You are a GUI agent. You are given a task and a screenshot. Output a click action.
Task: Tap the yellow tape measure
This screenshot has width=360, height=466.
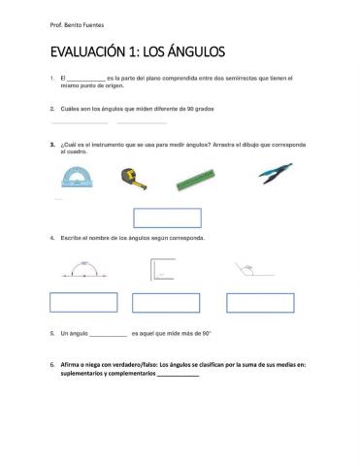131,176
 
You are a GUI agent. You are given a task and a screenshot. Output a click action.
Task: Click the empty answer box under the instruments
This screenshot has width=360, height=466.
167,217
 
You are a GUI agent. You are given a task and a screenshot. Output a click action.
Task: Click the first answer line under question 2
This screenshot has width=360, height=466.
79,123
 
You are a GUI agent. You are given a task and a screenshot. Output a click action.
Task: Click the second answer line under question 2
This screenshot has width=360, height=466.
142,123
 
